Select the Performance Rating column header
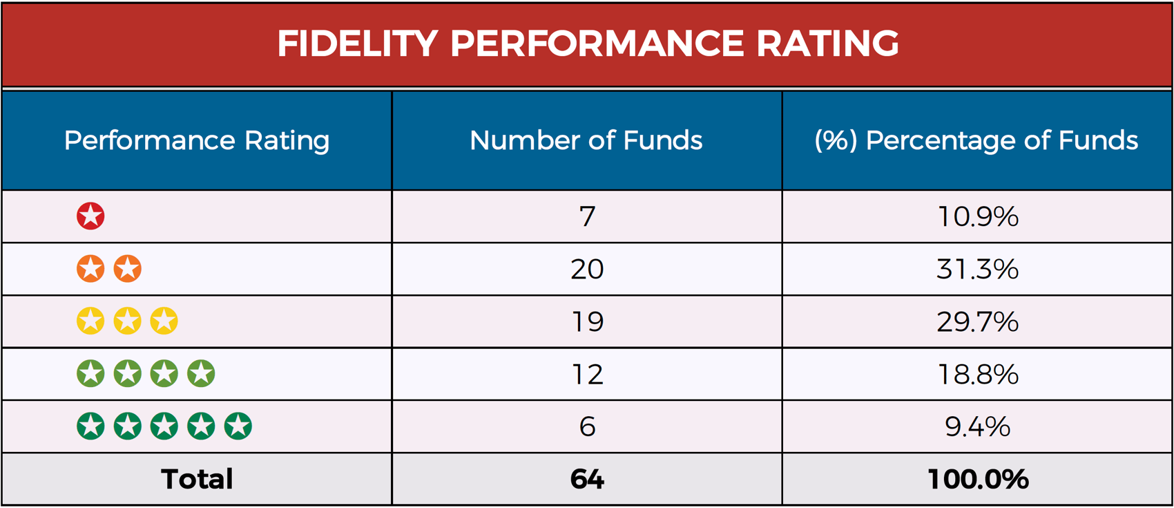coord(197,140)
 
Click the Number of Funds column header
coord(586,140)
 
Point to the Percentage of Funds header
coord(976,140)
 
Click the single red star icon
coord(90,216)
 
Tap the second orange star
coord(127,269)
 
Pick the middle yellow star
coord(127,321)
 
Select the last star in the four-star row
coord(201,374)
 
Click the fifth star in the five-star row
coord(238,426)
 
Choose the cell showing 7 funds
coord(587,217)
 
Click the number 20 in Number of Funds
coord(587,269)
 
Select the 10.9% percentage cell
coord(977,217)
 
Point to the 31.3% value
coord(977,269)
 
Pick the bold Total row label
coord(197,479)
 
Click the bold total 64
coord(587,479)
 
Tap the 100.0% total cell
coord(977,479)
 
